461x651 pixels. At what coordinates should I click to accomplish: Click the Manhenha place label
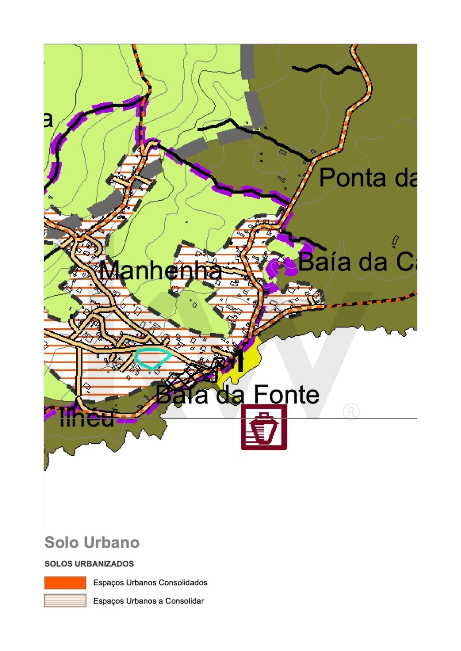(160, 270)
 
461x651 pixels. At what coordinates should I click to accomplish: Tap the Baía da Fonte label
(238, 395)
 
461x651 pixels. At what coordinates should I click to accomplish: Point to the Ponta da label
(367, 178)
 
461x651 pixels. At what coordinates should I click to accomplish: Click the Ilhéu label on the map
(86, 418)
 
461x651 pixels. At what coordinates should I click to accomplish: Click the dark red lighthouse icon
(264, 427)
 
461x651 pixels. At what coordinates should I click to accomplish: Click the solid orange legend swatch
(65, 582)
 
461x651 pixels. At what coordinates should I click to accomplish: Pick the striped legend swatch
(65, 601)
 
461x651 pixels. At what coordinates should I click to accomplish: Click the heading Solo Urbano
(92, 542)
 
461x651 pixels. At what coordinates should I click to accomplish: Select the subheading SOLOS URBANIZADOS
(89, 564)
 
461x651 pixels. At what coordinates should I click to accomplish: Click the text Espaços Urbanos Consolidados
(150, 582)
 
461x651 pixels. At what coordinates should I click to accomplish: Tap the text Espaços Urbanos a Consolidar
(148, 601)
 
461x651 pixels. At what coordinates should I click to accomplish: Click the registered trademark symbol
(351, 412)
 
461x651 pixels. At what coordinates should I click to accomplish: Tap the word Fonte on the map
(286, 395)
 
